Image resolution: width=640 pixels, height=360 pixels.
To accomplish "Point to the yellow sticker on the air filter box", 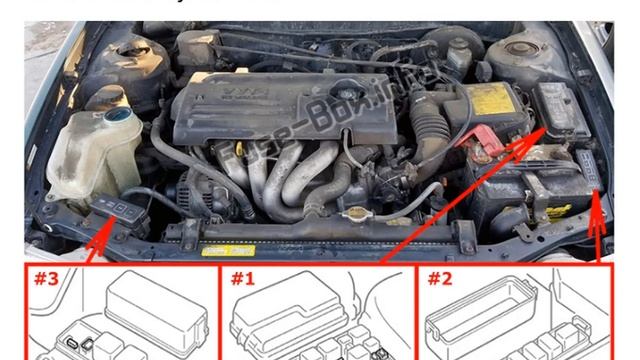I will coord(489,98).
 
